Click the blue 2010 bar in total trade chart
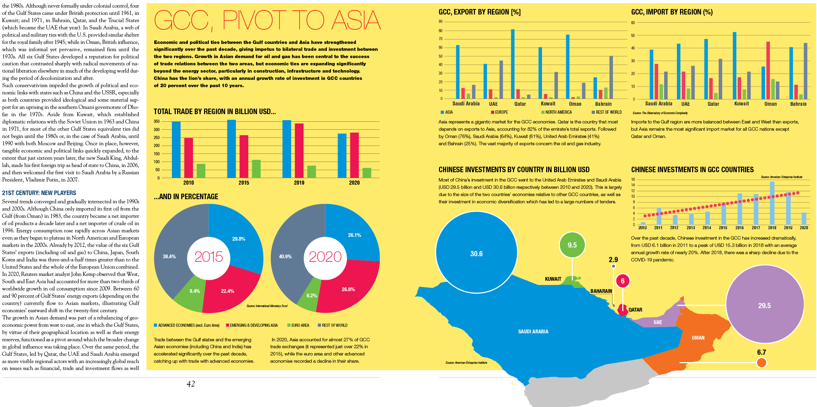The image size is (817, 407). [176, 149]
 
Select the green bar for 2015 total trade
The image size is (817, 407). [256, 169]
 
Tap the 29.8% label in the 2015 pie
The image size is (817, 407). [239, 239]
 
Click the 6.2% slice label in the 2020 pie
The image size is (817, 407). [312, 296]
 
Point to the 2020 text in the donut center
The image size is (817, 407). [325, 257]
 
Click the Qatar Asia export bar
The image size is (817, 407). [513, 64]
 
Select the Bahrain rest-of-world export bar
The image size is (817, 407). [611, 77]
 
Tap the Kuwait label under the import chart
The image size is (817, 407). [742, 104]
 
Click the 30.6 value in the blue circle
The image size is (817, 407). [476, 254]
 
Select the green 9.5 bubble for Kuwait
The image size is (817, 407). [572, 245]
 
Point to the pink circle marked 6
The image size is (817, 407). [622, 281]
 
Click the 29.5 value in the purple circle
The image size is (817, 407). [764, 306]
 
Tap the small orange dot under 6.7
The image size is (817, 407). [761, 363]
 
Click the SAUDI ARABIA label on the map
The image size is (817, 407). [533, 332]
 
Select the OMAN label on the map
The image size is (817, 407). [698, 338]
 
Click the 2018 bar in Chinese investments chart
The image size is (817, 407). [772, 203]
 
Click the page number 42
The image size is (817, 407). [191, 384]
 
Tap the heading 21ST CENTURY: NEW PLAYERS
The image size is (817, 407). [39, 193]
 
